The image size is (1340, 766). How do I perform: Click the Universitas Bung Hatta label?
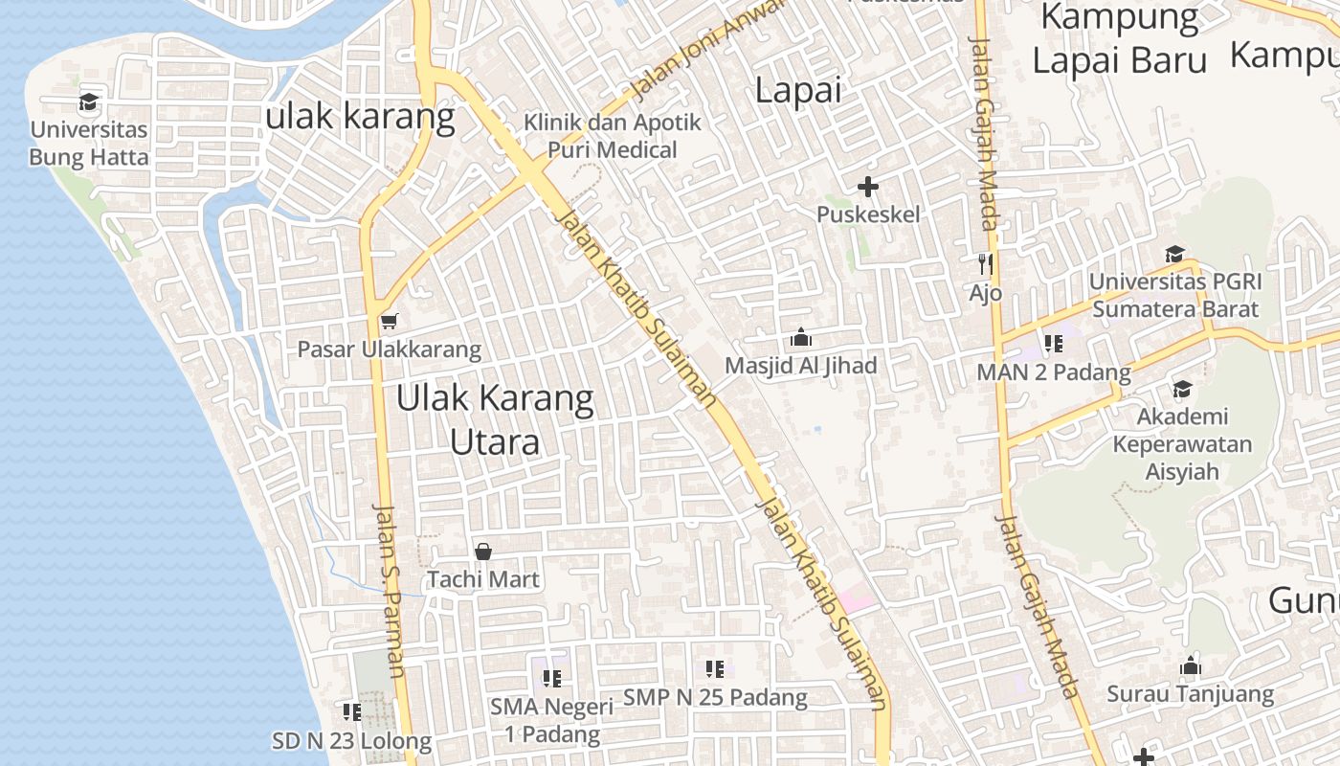(x=89, y=143)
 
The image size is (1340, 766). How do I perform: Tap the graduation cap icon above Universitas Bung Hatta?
(x=89, y=101)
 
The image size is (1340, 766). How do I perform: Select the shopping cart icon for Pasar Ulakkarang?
(x=389, y=321)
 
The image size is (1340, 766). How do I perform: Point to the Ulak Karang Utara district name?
(x=495, y=419)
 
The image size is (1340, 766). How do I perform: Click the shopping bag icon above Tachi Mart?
(x=483, y=552)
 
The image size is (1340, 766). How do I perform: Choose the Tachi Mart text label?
(x=483, y=579)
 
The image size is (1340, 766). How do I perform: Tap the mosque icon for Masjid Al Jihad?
(x=800, y=337)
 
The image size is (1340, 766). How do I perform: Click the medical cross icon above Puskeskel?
(x=868, y=187)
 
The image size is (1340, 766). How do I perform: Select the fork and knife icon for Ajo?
(x=986, y=263)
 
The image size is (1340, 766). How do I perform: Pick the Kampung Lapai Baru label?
(x=1120, y=38)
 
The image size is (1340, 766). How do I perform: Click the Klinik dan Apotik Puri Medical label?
(x=613, y=136)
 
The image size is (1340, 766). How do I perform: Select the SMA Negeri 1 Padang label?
(x=551, y=720)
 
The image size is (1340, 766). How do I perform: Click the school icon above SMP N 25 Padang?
(x=715, y=669)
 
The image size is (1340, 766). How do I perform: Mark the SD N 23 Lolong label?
(x=352, y=741)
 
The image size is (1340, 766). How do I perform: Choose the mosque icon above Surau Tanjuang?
(x=1191, y=666)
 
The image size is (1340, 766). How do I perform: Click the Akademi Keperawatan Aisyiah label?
(x=1182, y=444)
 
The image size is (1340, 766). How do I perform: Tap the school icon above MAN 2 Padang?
(x=1054, y=344)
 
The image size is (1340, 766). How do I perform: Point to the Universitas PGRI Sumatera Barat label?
(x=1175, y=295)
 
